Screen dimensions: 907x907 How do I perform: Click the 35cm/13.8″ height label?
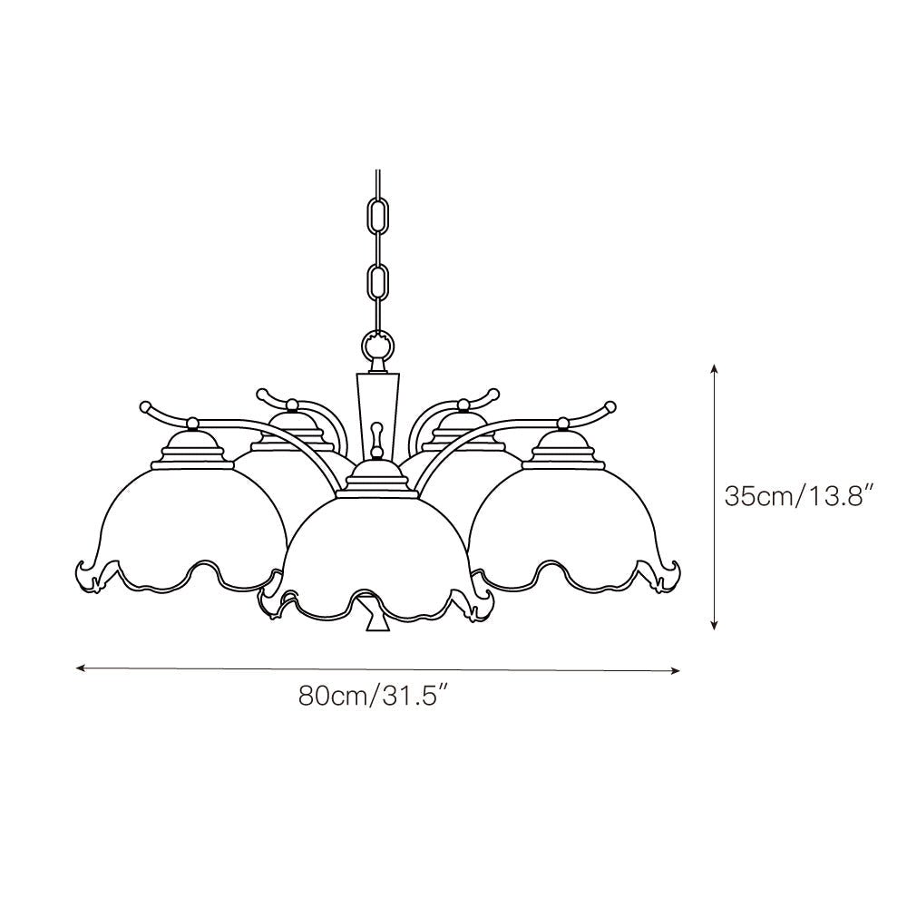coord(798,496)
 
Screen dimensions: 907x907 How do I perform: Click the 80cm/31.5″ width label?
coord(375,696)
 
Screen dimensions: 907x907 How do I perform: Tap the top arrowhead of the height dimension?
coord(715,369)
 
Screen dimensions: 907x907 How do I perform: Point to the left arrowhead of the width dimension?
coord(81,668)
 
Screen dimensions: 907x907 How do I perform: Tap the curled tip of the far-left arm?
coord(144,405)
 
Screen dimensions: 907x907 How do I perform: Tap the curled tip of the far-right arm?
coord(610,405)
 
